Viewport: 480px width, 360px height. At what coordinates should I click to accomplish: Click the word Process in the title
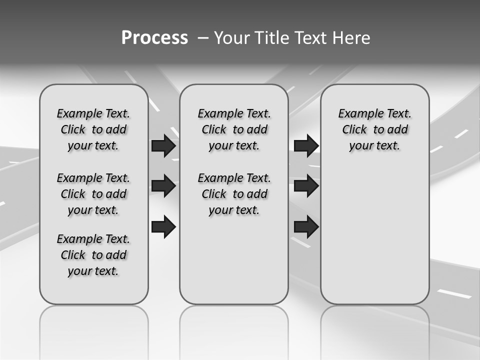click(x=154, y=38)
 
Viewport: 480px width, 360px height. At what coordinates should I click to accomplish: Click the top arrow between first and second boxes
click(x=163, y=146)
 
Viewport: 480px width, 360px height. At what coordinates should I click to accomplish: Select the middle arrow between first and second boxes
click(x=163, y=186)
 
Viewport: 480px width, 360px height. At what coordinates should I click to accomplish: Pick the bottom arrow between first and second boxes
click(x=163, y=226)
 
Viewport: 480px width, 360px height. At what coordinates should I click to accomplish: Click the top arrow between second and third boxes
click(x=306, y=146)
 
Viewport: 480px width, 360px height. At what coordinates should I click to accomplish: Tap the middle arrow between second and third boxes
click(x=306, y=186)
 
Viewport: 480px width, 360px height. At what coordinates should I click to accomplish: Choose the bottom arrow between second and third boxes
click(x=306, y=226)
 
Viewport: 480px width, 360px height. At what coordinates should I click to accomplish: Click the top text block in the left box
click(x=93, y=129)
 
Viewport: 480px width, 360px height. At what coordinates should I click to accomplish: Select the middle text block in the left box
click(x=93, y=194)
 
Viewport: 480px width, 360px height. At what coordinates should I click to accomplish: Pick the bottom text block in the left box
click(x=93, y=255)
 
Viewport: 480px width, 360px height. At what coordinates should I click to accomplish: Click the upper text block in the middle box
click(x=234, y=129)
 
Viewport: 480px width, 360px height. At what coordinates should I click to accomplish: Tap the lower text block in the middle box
click(x=234, y=194)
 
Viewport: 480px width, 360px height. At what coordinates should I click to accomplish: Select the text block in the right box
click(x=374, y=129)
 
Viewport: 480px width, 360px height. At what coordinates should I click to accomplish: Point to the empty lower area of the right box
click(x=374, y=230)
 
